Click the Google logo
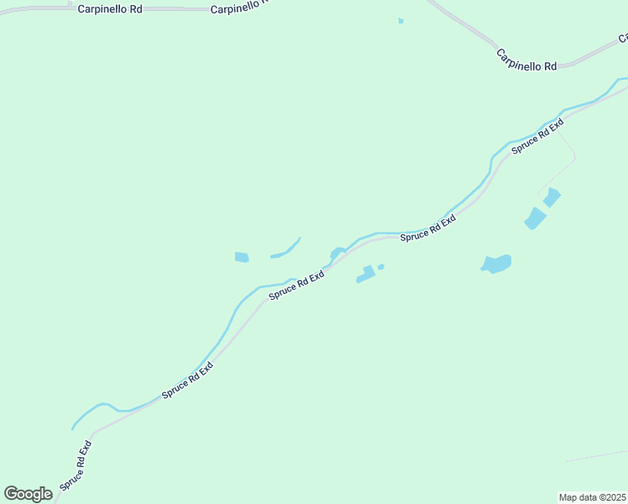(29, 494)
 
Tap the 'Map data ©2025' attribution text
(592, 496)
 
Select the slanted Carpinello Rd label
(526, 60)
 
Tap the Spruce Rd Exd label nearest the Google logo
(75, 465)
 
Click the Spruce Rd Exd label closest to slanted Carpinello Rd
(537, 136)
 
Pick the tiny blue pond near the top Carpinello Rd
(401, 21)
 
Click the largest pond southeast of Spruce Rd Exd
(496, 265)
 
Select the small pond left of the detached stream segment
(242, 257)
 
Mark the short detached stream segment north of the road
(286, 250)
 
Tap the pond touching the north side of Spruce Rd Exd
(338, 252)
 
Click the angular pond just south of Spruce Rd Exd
(365, 275)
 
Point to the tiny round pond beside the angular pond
(381, 267)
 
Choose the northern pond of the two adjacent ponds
(552, 197)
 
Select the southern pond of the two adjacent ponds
(535, 219)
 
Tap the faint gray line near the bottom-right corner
(596, 455)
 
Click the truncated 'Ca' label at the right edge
(623, 39)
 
